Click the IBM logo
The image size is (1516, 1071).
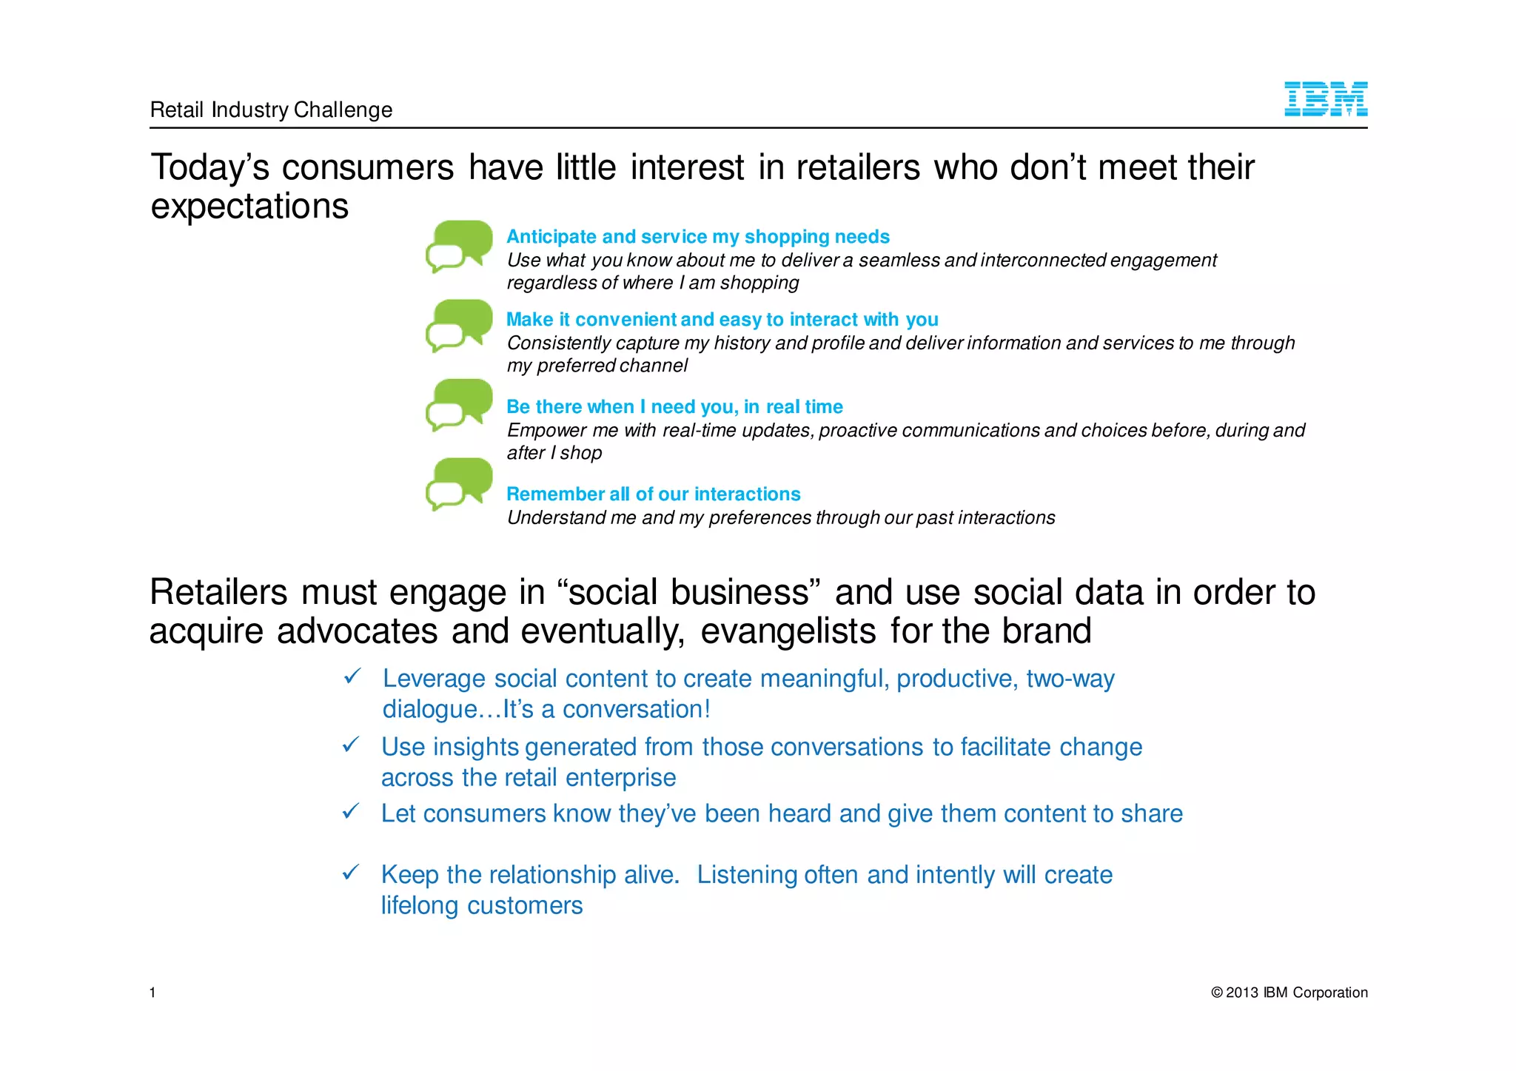(x=1325, y=99)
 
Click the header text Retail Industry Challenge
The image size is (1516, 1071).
(x=271, y=110)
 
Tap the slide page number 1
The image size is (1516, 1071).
(x=152, y=993)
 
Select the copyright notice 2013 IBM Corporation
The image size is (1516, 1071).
(x=1289, y=993)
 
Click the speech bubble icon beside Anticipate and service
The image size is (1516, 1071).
(x=459, y=246)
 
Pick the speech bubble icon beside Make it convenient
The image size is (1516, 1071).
(x=459, y=326)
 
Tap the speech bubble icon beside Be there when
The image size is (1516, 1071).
(x=459, y=405)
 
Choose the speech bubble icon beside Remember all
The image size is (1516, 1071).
(x=459, y=484)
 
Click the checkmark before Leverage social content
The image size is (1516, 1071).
(x=352, y=676)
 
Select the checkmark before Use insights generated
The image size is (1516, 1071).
(x=351, y=744)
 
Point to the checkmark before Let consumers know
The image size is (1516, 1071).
(x=351, y=811)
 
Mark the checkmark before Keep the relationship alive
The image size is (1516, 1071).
(x=351, y=872)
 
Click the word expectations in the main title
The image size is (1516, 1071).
(x=249, y=207)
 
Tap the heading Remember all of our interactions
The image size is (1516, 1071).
(x=653, y=494)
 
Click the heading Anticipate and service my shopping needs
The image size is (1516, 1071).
(x=697, y=237)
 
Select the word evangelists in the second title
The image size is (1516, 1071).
(x=788, y=631)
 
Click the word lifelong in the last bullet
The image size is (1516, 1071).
(x=420, y=905)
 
